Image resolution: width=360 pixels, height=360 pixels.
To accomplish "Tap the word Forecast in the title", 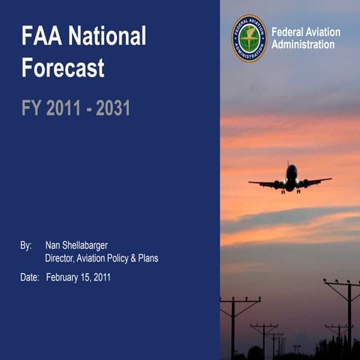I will (x=63, y=68).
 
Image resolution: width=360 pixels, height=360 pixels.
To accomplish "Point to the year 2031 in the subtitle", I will (x=113, y=108).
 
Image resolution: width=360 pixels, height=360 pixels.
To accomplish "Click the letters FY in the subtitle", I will (x=31, y=108).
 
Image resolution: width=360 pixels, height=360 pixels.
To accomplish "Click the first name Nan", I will (x=54, y=245).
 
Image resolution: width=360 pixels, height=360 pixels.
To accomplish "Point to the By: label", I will (x=26, y=245).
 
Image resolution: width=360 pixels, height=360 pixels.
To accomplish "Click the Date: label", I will (x=29, y=277).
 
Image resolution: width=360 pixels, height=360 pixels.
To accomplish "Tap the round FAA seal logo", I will (x=249, y=38).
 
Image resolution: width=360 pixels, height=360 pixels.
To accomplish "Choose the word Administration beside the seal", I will (x=303, y=45).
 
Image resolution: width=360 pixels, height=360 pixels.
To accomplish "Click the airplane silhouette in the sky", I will (x=290, y=180).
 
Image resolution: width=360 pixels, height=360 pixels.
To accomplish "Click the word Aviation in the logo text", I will (x=324, y=32).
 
